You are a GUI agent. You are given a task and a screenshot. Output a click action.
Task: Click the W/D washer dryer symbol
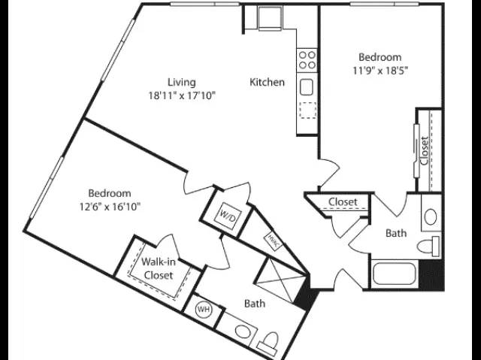pos(228,218)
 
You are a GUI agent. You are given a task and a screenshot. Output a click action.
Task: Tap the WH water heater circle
pos(204,309)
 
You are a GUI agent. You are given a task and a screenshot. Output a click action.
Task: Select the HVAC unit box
pos(273,240)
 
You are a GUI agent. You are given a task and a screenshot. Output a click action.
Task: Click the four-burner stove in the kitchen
pos(307,60)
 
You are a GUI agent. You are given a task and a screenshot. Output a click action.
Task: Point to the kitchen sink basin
pos(307,87)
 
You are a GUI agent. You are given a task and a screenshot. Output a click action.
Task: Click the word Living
pos(181,82)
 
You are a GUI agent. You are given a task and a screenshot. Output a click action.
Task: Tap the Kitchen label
pos(267,82)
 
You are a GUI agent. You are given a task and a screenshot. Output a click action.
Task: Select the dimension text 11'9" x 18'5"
pos(380,71)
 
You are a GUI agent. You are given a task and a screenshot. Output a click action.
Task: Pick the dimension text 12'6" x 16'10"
pos(110,207)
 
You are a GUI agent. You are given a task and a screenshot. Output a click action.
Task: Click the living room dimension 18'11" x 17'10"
pos(182,96)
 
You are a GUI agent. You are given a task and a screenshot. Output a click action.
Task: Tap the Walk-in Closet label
pos(159,268)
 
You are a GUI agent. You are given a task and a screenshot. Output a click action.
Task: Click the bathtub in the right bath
pos(395,274)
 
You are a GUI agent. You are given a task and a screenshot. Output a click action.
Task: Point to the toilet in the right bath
pos(428,246)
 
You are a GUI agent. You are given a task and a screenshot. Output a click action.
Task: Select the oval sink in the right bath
pos(431,216)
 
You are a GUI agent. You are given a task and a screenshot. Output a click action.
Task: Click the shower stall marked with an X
pos(280,280)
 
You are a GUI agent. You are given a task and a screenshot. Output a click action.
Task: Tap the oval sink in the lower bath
pos(242,331)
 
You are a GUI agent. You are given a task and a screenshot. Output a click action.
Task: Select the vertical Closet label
pos(425,151)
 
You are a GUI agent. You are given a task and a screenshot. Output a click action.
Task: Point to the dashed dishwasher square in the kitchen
pos(308,110)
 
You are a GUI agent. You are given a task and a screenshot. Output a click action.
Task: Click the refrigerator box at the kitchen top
pos(270,18)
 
